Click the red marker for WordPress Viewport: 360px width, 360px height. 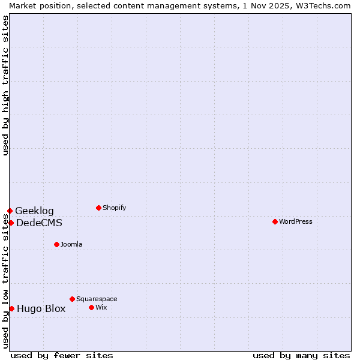click(275, 221)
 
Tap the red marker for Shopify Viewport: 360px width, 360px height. click(98, 208)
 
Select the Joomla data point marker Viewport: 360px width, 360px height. click(56, 244)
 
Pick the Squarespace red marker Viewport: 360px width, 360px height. click(72, 299)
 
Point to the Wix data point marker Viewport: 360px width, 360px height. click(91, 307)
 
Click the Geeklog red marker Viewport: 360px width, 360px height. click(10, 211)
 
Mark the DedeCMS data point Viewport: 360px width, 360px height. click(11, 223)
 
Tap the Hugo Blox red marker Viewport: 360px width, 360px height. click(11, 308)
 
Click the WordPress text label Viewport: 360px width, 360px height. click(296, 221)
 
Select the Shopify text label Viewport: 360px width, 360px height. click(115, 208)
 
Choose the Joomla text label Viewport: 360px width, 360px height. click(71, 244)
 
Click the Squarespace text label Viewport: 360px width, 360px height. click(97, 299)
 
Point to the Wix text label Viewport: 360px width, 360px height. click(101, 307)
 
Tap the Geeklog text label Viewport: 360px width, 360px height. click(34, 211)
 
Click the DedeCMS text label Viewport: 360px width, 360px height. click(39, 223)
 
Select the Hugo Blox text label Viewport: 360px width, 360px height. click(41, 309)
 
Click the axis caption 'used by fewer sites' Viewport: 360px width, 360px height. click(62, 355)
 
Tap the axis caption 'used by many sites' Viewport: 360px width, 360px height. click(301, 355)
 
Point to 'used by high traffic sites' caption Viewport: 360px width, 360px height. click(5, 85)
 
